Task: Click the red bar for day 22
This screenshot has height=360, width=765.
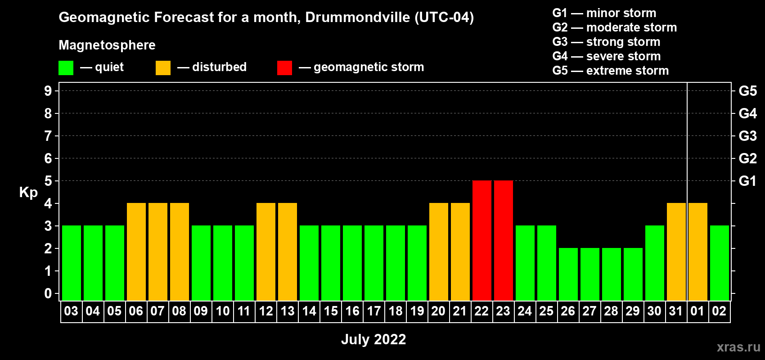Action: (x=481, y=240)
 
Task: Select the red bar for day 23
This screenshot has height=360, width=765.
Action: (x=503, y=240)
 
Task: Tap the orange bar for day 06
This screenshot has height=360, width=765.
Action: (x=136, y=252)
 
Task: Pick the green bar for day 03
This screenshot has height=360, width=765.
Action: (x=71, y=263)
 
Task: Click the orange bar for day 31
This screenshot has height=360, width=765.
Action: (x=676, y=252)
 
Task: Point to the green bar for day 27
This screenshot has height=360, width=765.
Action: (x=589, y=274)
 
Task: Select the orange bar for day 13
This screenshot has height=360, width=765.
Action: (x=287, y=252)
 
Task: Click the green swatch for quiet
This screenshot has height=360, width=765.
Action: (x=66, y=68)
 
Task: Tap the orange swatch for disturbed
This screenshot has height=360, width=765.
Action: (x=163, y=68)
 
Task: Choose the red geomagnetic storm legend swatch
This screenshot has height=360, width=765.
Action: (x=284, y=68)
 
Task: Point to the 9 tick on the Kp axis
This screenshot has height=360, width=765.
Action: (x=48, y=91)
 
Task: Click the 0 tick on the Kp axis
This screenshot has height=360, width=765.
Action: (x=48, y=294)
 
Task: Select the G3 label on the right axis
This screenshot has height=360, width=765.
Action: (x=747, y=136)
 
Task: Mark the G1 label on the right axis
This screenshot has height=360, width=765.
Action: (x=747, y=181)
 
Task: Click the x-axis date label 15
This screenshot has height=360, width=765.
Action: (x=330, y=311)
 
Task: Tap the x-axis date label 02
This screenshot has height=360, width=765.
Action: (x=719, y=311)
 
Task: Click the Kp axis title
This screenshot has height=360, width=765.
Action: (x=28, y=192)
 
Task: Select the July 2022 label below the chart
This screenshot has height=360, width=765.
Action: (x=373, y=339)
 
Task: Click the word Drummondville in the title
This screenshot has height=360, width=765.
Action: (x=358, y=18)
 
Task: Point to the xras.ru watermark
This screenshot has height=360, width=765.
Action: (x=738, y=346)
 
